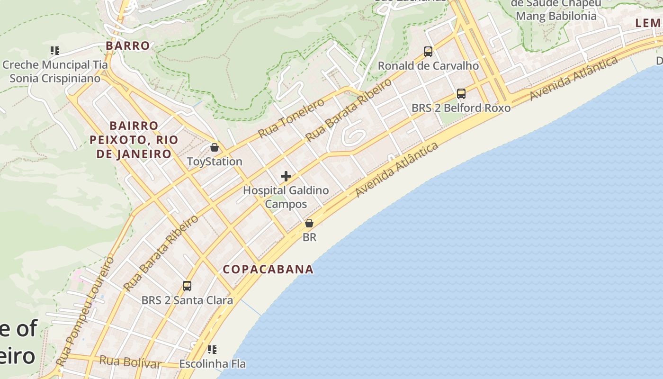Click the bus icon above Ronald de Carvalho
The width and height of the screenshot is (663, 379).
pyautogui.click(x=428, y=52)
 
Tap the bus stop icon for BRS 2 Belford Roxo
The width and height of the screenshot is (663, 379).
pyautogui.click(x=461, y=94)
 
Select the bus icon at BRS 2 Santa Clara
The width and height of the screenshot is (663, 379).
pyautogui.click(x=187, y=286)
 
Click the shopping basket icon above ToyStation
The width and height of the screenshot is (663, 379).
pyautogui.click(x=215, y=147)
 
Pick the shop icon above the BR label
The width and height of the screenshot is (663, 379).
pyautogui.click(x=309, y=223)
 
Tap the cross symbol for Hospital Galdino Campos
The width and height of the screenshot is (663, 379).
pyautogui.click(x=286, y=176)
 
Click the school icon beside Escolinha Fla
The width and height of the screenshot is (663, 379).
pyautogui.click(x=212, y=350)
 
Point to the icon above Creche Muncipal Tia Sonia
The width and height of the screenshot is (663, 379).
pyautogui.click(x=55, y=50)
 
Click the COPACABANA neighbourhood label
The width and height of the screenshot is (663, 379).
pyautogui.click(x=268, y=270)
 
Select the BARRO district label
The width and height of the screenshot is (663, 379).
pyautogui.click(x=128, y=46)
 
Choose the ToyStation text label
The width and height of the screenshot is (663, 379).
pyautogui.click(x=215, y=162)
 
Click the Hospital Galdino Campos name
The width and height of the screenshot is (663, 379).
pyautogui.click(x=286, y=197)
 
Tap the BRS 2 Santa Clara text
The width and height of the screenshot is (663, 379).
pyautogui.click(x=187, y=300)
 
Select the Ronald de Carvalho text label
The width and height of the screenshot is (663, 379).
pyautogui.click(x=428, y=66)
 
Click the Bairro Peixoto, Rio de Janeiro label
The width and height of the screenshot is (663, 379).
pyautogui.click(x=134, y=140)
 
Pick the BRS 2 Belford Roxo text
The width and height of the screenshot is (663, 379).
pyautogui.click(x=461, y=108)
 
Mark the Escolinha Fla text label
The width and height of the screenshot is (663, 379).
pyautogui.click(x=212, y=364)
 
